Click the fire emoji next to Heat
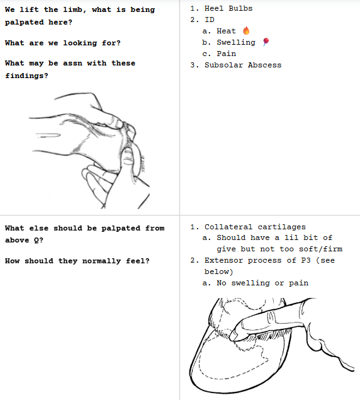click(x=246, y=31)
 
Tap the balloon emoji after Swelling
click(x=266, y=42)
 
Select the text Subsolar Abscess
click(x=243, y=65)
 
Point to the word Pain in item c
click(x=227, y=54)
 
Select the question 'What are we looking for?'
click(x=62, y=43)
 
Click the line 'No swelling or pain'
click(x=262, y=283)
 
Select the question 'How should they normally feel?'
click(x=77, y=261)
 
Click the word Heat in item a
click(x=226, y=31)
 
